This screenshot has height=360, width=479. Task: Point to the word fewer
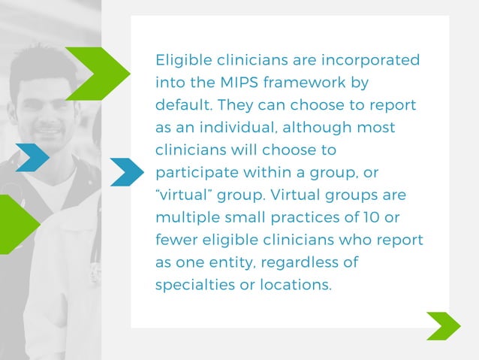[176, 241]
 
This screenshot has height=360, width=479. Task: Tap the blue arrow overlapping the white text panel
[126, 172]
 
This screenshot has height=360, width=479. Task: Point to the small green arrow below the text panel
[443, 326]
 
